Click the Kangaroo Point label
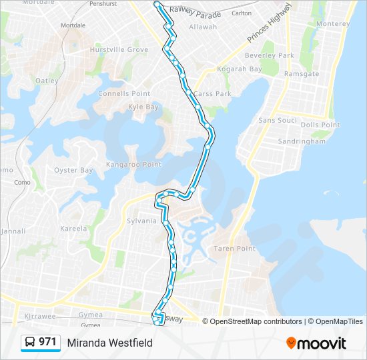(x=134, y=164)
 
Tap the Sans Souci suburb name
(x=277, y=120)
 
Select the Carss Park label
(x=212, y=94)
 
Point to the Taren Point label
(x=234, y=249)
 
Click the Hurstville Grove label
(x=119, y=50)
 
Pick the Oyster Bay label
(x=73, y=170)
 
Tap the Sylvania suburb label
(x=141, y=221)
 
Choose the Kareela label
(x=73, y=229)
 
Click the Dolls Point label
(x=320, y=125)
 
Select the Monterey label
(x=334, y=24)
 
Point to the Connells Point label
(x=124, y=93)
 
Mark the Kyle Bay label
(x=143, y=107)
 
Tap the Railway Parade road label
(x=195, y=11)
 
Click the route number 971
(x=47, y=342)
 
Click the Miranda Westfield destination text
(x=109, y=343)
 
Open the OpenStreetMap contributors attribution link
(x=256, y=321)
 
